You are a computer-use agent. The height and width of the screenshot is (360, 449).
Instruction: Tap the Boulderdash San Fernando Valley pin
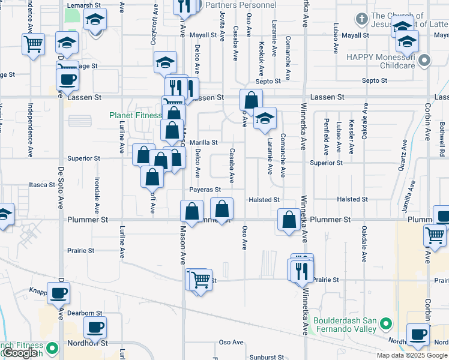click(385, 325)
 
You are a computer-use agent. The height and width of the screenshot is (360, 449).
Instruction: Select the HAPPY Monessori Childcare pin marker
click(425, 61)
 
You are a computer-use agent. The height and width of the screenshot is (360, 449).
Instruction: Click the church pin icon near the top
click(361, 19)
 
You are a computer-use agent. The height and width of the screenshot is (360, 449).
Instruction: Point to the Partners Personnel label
click(240, 5)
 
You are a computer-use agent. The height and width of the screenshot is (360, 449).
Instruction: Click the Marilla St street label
click(203, 143)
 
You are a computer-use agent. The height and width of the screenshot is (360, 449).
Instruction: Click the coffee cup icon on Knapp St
click(59, 293)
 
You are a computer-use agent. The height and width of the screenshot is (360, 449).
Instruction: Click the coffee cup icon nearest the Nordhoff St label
click(95, 328)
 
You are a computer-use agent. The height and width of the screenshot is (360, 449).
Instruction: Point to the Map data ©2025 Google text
click(412, 355)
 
